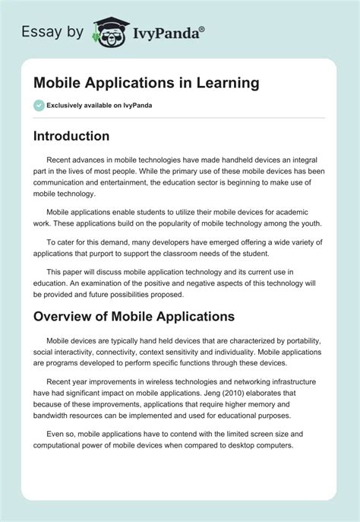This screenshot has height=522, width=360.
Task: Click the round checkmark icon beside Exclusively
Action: pyautogui.click(x=39, y=106)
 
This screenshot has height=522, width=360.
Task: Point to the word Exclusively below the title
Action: pyautogui.click(x=72, y=106)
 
